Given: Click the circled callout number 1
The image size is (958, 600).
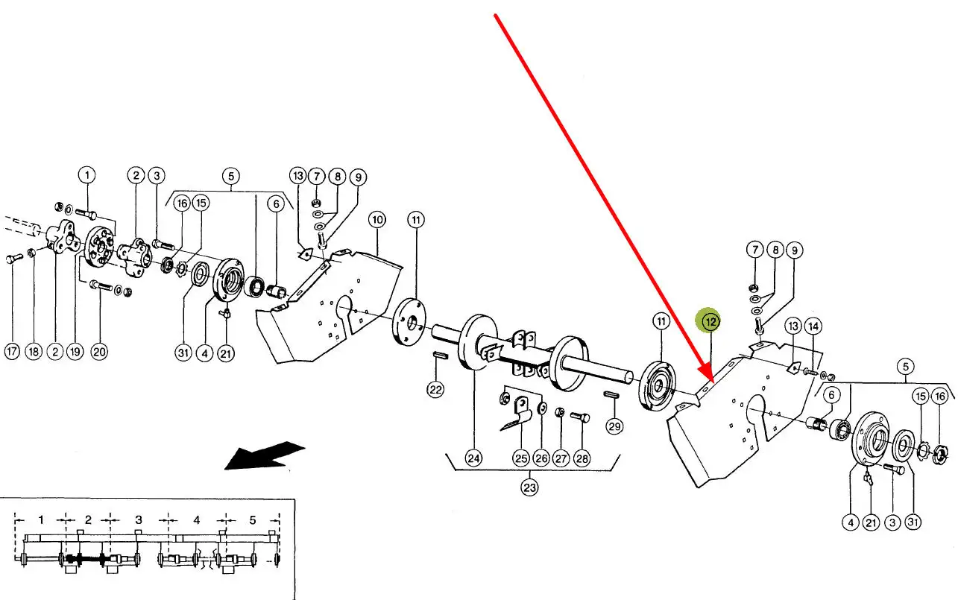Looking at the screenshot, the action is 87,175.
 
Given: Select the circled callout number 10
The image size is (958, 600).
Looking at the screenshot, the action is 377,220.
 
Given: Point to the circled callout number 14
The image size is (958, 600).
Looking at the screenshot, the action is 813,326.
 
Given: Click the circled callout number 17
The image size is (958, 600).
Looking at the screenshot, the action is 12,352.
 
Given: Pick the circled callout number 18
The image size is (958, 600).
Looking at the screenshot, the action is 34,352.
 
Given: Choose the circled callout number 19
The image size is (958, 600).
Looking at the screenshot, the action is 75,352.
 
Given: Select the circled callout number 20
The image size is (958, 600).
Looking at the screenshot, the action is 99,352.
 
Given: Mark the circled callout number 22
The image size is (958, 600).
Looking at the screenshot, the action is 435,389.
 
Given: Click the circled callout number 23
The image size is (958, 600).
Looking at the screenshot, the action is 529,487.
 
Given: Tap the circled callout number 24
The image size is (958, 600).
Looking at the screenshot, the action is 474,458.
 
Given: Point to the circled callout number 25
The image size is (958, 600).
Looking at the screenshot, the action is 521,458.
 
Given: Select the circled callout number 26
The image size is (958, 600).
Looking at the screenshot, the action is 541,458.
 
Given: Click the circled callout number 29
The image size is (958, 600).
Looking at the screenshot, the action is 614,426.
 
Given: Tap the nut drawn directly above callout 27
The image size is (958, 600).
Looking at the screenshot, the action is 559,412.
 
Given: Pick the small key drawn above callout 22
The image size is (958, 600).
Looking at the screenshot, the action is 440,355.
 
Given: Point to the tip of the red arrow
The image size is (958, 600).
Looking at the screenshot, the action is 713,381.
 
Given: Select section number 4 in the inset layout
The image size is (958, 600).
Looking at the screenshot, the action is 197,520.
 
